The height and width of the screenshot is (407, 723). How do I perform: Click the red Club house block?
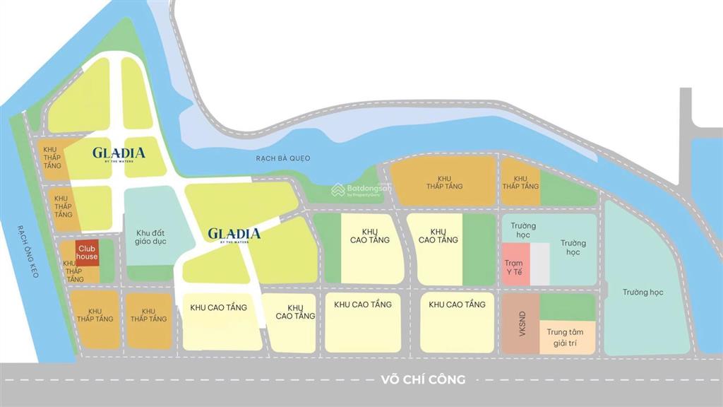88,253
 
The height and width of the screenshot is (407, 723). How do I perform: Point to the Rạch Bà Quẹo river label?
283,158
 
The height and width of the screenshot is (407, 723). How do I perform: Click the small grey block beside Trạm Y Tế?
539,264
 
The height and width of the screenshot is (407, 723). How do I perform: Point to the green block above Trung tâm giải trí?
568,307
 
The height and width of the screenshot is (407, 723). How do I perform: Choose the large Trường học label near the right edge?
643,292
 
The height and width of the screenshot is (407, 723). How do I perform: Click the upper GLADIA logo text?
119,152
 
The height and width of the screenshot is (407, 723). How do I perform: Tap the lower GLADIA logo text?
234,233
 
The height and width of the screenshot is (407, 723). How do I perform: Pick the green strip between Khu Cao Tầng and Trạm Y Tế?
479,249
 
